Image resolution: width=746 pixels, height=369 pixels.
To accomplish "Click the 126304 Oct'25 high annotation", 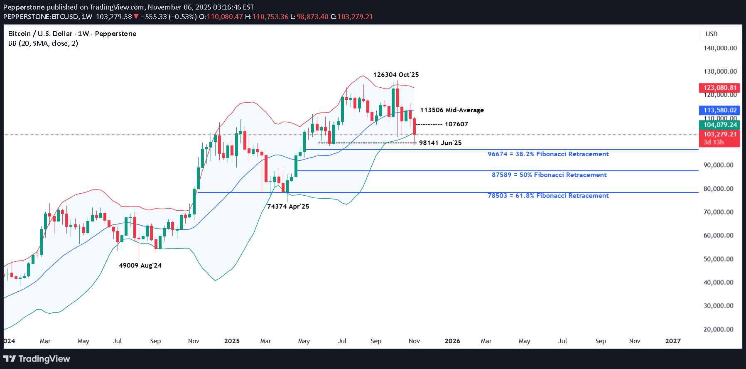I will click(396, 75).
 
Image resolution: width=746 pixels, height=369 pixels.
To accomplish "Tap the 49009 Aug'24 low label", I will click(140, 266).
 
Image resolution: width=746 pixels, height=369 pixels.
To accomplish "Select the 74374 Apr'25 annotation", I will click(288, 207).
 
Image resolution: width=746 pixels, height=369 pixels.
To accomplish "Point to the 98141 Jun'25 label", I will click(440, 143).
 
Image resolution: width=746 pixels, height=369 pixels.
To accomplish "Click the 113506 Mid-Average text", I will click(452, 110).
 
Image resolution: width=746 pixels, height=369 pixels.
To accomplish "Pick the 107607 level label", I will click(456, 124).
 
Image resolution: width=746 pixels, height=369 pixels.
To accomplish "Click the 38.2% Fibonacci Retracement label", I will click(548, 154).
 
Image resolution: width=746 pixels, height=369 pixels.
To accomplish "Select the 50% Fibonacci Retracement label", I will click(549, 175).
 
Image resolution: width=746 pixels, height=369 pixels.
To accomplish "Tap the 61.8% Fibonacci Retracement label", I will click(548, 196).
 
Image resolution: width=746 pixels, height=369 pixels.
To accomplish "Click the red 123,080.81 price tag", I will click(720, 88).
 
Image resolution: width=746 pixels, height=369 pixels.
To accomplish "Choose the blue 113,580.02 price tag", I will click(720, 110).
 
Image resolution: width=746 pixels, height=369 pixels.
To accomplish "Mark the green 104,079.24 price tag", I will click(720, 125).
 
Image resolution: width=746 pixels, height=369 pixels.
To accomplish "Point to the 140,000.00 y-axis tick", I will click(720, 48).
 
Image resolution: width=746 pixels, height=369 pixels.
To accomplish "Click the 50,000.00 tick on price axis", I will click(720, 259).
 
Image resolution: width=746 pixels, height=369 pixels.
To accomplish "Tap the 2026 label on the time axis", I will click(452, 341).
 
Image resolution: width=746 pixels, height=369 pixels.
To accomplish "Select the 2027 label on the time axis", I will click(672, 341).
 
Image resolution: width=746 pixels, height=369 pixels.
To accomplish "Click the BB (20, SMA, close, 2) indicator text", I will click(43, 43).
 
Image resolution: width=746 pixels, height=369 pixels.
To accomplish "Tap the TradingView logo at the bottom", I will click(37, 359).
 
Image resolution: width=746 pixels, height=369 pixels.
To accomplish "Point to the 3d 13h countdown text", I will click(713, 142).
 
